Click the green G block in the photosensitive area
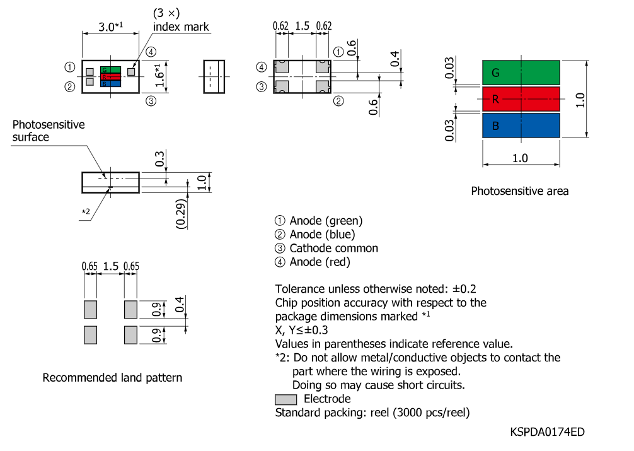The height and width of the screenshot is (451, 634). coord(521,73)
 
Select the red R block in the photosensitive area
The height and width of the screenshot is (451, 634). coord(521,99)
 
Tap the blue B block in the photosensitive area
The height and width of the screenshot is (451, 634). coord(521,126)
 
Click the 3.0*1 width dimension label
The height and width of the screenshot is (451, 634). coord(110,26)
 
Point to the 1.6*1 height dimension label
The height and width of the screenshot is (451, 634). coord(159,75)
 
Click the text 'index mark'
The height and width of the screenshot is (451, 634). coord(181,26)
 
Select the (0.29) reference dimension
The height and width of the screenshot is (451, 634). coord(181,214)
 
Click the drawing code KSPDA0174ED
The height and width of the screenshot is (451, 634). coord(547,432)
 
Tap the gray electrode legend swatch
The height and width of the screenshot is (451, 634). coord(286,399)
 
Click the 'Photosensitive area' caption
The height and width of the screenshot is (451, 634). coord(519,191)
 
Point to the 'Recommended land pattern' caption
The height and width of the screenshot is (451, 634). coord(112,378)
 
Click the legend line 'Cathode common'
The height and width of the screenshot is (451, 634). coord(333,248)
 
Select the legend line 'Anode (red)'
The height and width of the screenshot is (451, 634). coord(320,262)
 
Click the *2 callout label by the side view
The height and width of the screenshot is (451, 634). coord(86,211)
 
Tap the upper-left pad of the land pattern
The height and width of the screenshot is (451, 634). coord(91,310)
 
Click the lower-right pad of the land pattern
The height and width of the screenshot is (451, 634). coord(130,335)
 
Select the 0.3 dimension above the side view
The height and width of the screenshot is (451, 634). coord(159,159)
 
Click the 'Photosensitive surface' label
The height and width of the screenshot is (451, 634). coord(49,131)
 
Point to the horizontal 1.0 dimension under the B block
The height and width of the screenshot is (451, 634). coord(520,158)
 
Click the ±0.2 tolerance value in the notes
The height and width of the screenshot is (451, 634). coord(464,289)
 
